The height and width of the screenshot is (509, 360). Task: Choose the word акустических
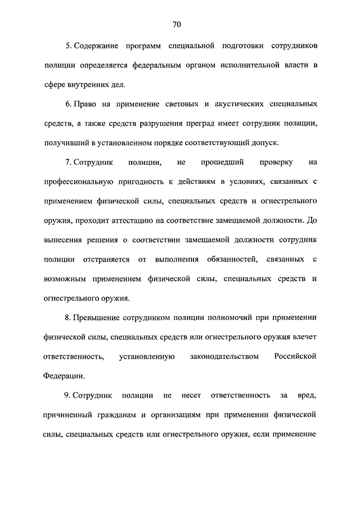pyautogui.click(x=229, y=105)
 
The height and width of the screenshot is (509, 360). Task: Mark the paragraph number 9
pyautogui.click(x=67, y=397)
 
